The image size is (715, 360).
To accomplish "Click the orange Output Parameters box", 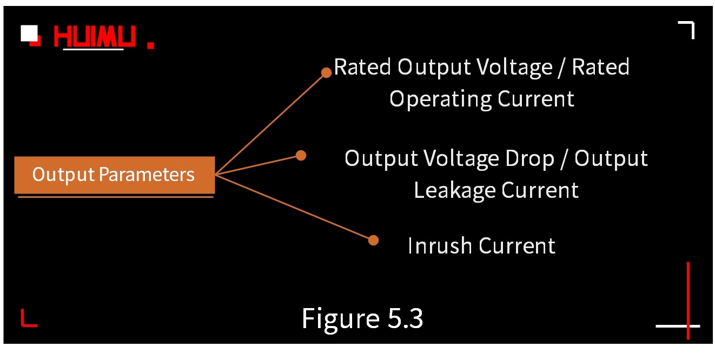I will click(114, 175).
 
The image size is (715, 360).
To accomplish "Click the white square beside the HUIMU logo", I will click(29, 33).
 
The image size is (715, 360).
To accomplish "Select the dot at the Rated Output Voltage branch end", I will click(326, 72).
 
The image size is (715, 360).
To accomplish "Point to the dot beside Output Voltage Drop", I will click(301, 156).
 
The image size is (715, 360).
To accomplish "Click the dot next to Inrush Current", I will click(373, 240).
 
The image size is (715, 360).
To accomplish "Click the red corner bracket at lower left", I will click(28, 319).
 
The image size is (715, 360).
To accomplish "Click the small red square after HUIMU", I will click(151, 45).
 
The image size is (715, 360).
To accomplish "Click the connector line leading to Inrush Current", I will click(295, 207).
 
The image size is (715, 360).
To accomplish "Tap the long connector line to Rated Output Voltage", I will click(270, 123).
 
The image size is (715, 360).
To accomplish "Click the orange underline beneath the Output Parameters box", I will click(115, 197).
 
